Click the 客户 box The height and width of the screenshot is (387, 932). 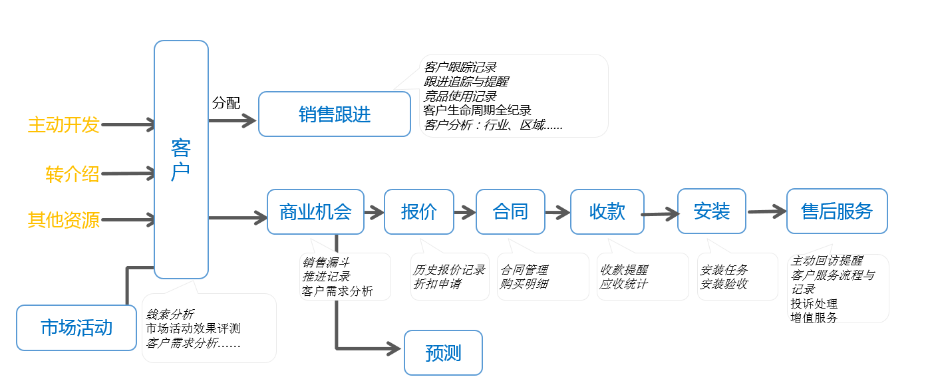tap(181, 160)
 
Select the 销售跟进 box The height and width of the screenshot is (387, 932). tap(334, 114)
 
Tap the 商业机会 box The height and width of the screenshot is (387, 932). tap(315, 212)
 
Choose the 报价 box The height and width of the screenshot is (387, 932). tap(419, 212)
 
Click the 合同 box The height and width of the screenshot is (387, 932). tap(510, 212)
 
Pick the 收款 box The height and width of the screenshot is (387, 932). tap(607, 212)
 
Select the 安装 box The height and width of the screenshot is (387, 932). tap(711, 211)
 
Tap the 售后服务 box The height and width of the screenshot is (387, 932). tap(837, 211)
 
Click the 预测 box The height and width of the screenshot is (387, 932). tap(443, 353)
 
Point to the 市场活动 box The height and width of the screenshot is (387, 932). tap(77, 328)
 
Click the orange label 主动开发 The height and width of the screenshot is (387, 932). tap(63, 125)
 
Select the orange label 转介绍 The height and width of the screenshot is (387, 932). tap(72, 174)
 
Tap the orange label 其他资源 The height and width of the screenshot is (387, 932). tap(63, 220)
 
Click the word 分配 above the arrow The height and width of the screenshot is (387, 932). tap(226, 103)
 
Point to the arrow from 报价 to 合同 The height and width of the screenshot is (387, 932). tap(464, 213)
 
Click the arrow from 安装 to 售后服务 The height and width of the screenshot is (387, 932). tap(766, 212)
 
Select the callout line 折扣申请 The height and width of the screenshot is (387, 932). tap(437, 284)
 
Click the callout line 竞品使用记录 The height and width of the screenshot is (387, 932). tap(460, 96)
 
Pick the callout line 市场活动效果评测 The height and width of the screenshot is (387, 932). tap(193, 328)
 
